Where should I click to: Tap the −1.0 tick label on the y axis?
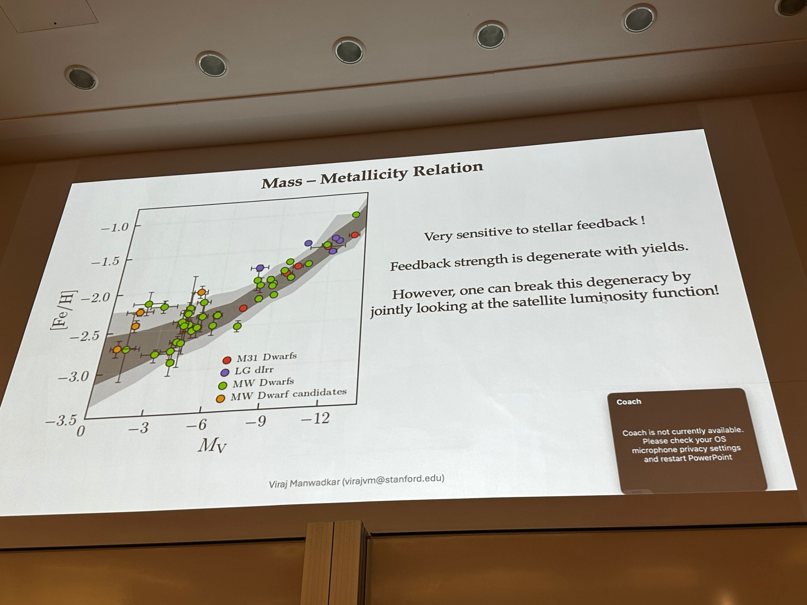click(x=115, y=227)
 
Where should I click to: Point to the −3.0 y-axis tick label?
click(x=73, y=377)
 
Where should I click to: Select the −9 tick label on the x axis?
click(x=256, y=421)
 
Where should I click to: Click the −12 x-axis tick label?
click(x=315, y=418)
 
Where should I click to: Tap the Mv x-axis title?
click(x=212, y=446)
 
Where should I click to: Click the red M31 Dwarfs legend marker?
click(x=227, y=360)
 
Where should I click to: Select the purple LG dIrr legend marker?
click(x=225, y=372)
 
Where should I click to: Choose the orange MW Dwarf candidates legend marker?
click(x=220, y=398)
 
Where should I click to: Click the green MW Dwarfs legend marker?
click(x=222, y=385)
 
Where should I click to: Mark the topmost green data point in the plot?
click(x=356, y=215)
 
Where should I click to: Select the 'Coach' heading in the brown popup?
click(x=629, y=402)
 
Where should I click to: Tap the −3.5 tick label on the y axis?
click(x=61, y=421)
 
